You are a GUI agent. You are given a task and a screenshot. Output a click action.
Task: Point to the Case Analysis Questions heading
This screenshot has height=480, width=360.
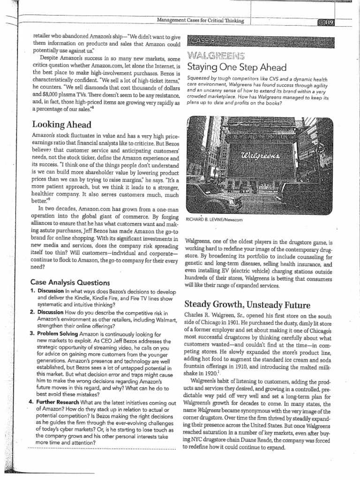click(70, 282)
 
